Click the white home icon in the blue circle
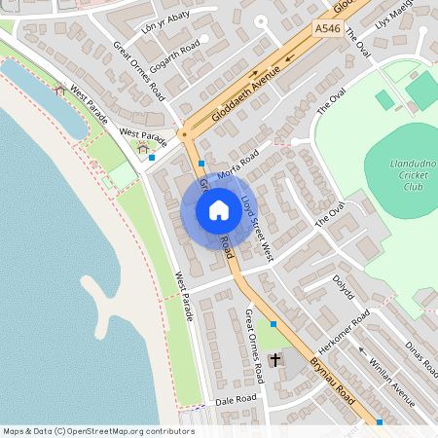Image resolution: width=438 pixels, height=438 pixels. click(x=218, y=210)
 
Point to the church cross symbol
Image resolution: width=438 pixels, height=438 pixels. click(x=274, y=361)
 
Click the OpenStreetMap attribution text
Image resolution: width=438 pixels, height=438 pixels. click(x=97, y=431)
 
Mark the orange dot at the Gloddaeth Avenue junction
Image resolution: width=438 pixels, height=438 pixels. click(x=183, y=134)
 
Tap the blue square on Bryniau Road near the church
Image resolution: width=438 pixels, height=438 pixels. click(x=274, y=323)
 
